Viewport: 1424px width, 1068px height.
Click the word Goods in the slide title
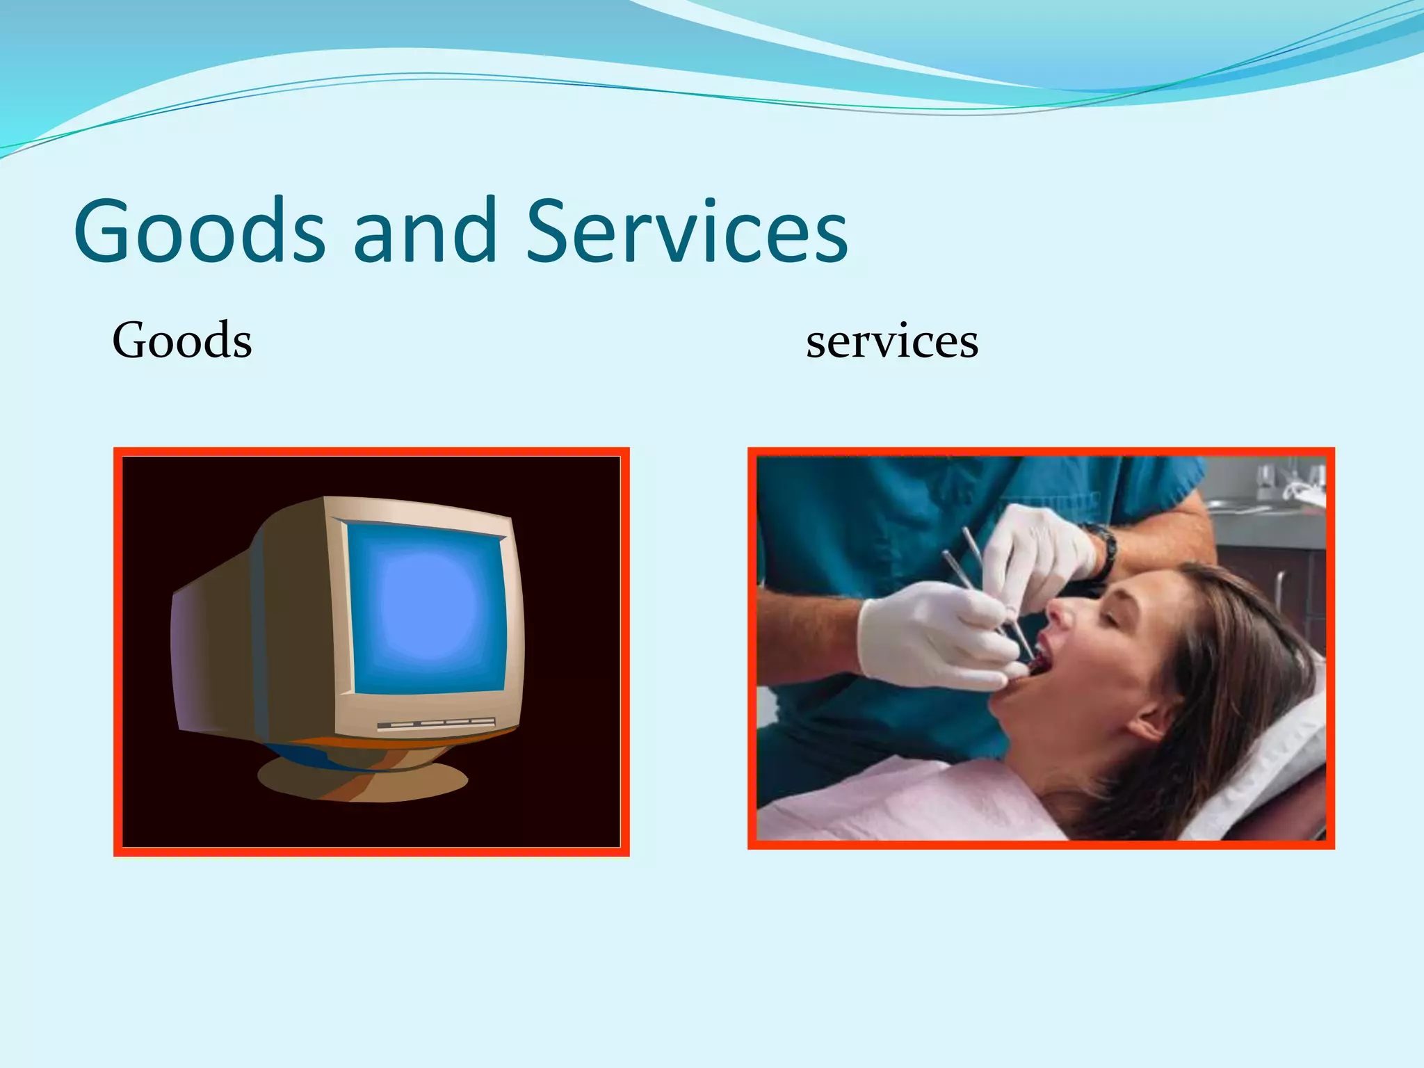(x=199, y=232)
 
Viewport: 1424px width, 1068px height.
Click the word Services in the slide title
(x=687, y=232)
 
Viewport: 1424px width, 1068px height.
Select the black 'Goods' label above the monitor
(x=182, y=341)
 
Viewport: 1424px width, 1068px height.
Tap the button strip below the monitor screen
(x=436, y=725)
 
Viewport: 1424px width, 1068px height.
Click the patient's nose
(x=1060, y=612)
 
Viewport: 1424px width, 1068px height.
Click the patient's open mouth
(x=1036, y=661)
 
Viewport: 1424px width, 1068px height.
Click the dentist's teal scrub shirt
(x=869, y=515)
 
